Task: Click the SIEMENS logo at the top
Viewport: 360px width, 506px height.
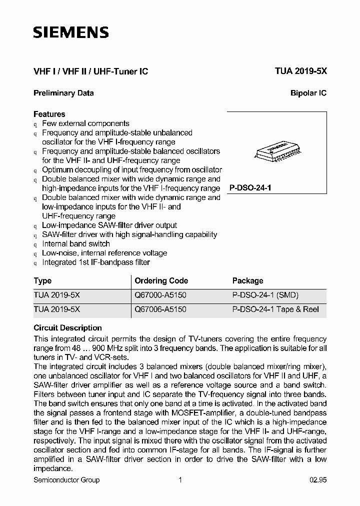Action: [x=70, y=33]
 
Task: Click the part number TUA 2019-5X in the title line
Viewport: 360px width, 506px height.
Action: [x=300, y=71]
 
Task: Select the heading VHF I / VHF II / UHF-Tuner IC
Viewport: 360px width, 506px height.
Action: [x=90, y=71]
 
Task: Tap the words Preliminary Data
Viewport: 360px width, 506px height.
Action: [x=63, y=93]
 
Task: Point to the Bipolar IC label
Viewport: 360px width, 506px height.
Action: [x=308, y=93]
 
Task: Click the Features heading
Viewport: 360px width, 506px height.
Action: [x=49, y=114]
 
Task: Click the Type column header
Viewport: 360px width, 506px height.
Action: [x=42, y=281]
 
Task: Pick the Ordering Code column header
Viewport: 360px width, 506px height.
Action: [x=161, y=281]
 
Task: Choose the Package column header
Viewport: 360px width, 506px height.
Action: [x=247, y=281]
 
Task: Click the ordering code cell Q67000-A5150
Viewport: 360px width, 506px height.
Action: [x=160, y=295]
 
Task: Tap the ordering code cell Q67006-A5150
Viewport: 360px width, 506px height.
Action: [x=160, y=309]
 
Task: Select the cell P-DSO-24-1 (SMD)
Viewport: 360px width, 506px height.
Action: [x=265, y=295]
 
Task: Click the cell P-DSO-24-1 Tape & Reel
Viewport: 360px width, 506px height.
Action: [x=275, y=309]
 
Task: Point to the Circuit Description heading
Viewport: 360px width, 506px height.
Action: [x=67, y=328]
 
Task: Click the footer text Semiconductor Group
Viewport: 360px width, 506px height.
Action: [x=66, y=480]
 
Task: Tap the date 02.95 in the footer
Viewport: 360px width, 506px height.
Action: [x=317, y=480]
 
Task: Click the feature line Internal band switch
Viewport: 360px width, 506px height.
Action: [x=76, y=244]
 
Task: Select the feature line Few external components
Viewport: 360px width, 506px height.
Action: [x=85, y=123]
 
